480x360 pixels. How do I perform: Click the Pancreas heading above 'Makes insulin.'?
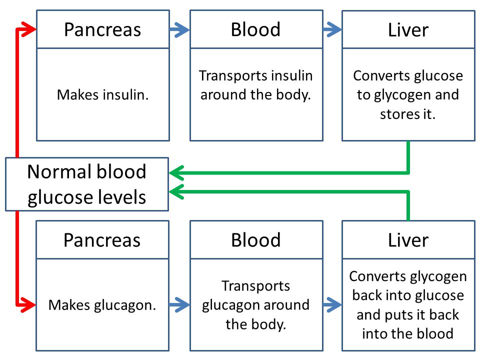[x=102, y=29]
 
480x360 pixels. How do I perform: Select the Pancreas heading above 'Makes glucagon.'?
[x=102, y=240]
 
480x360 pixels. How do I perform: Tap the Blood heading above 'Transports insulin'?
[x=255, y=29]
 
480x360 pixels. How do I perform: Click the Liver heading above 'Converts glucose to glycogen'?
[x=408, y=30]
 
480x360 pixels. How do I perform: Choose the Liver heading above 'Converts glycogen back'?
[x=408, y=240]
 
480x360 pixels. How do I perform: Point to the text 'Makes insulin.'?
[x=103, y=94]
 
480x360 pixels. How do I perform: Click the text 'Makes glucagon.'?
[x=102, y=305]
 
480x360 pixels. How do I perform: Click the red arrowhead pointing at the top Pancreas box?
[x=29, y=29]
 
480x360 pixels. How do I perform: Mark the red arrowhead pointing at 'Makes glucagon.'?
[x=29, y=304]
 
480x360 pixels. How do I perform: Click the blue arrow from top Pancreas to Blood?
[x=179, y=29]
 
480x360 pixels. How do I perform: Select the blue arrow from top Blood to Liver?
[x=332, y=29]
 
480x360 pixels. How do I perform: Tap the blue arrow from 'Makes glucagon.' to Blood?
[x=179, y=304]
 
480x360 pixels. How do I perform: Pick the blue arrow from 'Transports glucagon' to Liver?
[x=332, y=304]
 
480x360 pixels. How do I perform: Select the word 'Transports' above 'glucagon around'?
[x=255, y=286]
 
